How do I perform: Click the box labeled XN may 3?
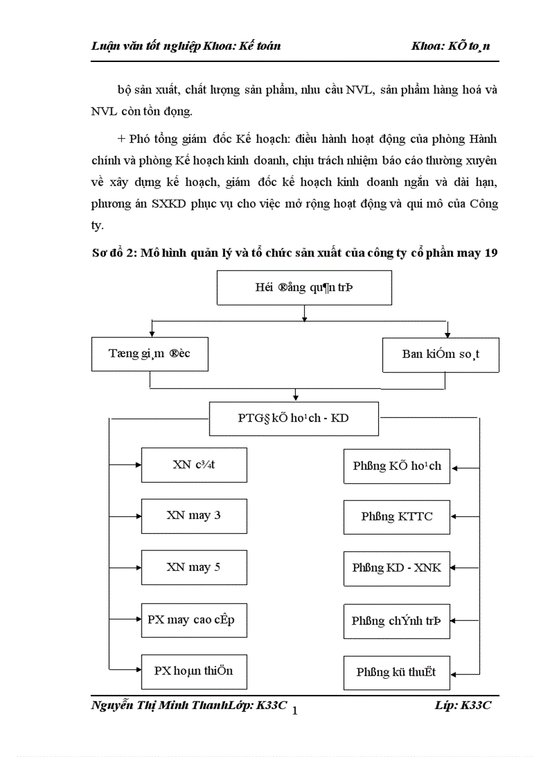click(194, 516)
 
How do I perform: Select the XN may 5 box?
click(194, 568)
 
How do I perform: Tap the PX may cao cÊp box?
click(194, 619)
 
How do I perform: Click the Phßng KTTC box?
click(396, 517)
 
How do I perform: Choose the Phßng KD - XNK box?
click(396, 568)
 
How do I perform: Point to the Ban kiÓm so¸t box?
click(441, 355)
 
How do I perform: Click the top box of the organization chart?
click(304, 288)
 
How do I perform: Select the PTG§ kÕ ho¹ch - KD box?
click(294, 419)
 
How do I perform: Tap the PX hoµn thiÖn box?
click(194, 671)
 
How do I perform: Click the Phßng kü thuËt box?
click(396, 672)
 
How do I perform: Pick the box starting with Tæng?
click(150, 355)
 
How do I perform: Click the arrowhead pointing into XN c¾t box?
click(137, 465)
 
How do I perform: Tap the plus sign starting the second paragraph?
click(121, 139)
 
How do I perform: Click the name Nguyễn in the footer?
click(111, 704)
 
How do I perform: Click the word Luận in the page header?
click(106, 46)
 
